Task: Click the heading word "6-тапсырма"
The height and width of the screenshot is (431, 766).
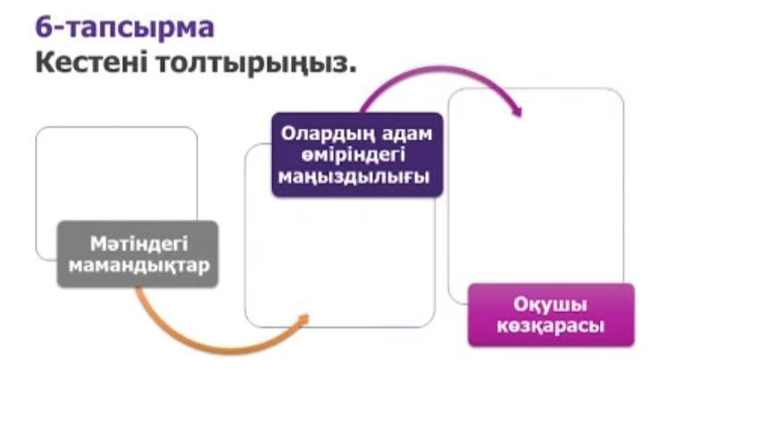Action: pos(125,28)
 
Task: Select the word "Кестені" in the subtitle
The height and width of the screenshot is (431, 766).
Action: pos(91,62)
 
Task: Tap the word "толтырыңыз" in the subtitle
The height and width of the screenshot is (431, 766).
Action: pos(256,64)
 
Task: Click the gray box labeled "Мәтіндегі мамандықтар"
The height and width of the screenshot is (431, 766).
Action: pos(137,253)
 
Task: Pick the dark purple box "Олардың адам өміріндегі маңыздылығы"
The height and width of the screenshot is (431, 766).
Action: pos(357,154)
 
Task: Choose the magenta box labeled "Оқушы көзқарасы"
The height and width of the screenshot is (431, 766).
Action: pos(551,315)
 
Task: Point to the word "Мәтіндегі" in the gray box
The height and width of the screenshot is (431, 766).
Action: pos(139,244)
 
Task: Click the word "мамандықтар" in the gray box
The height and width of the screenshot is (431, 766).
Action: pos(139,266)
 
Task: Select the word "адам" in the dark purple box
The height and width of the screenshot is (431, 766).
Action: pos(408,134)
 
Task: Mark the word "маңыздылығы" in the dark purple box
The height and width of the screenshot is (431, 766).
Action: pos(354,177)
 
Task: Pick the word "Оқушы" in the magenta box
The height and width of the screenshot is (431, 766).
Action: pos(550,304)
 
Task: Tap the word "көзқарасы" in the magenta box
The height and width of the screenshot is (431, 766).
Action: pos(551,326)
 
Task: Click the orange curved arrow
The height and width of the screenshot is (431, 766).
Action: pos(215,345)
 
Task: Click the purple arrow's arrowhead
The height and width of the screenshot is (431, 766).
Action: pos(517,111)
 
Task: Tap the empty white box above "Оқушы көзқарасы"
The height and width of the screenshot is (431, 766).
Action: pos(536,186)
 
